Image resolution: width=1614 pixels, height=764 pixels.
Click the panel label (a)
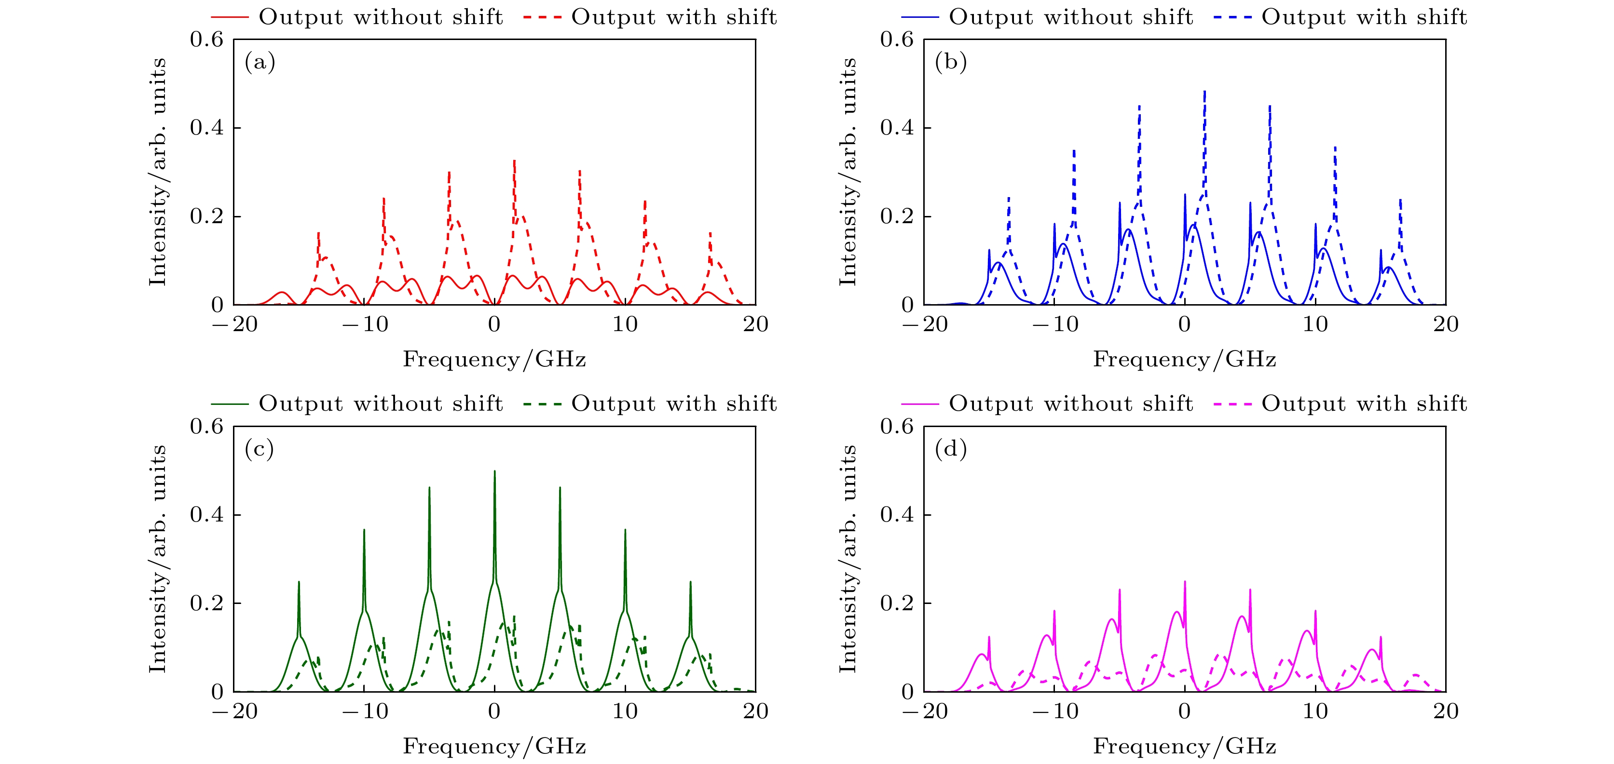[x=260, y=62]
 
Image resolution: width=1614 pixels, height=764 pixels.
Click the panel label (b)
[x=950, y=62]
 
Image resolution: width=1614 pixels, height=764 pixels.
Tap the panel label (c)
[x=260, y=449]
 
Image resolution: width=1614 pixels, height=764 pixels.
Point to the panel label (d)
[x=950, y=449]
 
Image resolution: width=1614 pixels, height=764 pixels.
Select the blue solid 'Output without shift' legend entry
[x=1047, y=17]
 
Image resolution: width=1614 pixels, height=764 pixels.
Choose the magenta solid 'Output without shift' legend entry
[x=1047, y=404]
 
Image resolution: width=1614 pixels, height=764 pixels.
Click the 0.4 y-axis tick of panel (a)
[x=207, y=128]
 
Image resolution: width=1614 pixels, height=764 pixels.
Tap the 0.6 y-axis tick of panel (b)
[x=897, y=40]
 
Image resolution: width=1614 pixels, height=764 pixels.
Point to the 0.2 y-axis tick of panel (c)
[x=207, y=603]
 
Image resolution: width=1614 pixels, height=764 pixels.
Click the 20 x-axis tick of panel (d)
[x=1446, y=711]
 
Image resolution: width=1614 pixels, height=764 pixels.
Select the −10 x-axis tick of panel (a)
[x=365, y=324]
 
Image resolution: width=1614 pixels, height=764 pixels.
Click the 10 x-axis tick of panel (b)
[x=1314, y=324]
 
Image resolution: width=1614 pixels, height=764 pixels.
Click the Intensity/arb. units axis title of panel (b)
[x=847, y=172]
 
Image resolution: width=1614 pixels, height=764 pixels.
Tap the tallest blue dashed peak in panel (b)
[x=1204, y=93]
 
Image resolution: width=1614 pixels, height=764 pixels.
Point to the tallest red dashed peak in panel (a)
[x=514, y=161]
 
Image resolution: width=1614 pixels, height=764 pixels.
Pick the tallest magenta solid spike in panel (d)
[x=1184, y=582]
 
